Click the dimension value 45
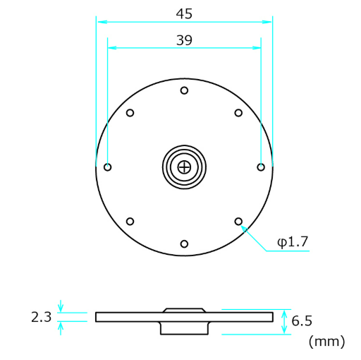184,13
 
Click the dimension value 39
184,41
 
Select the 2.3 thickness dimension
42,317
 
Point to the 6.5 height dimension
302,321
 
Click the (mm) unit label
326,342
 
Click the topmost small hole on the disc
184,90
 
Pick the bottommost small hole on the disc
184,244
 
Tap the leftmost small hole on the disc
107,167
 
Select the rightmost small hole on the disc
261,167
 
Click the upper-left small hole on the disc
130,113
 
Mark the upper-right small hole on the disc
238,113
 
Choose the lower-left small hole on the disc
130,222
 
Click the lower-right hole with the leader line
238,222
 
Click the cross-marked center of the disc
184,167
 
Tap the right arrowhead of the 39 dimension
258,48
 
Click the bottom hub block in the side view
184,328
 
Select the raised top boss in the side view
184,310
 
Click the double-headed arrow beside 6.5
285,322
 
